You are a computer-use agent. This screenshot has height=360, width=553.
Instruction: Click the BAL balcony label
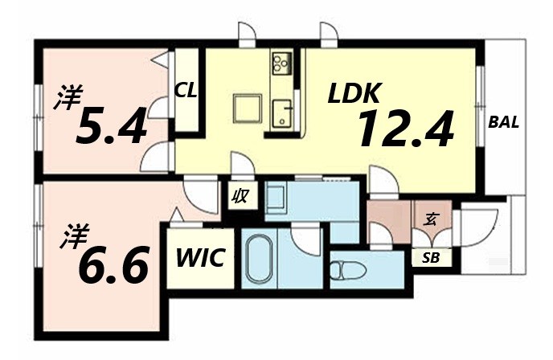(503, 123)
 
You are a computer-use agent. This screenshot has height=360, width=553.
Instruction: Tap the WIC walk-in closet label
(200, 260)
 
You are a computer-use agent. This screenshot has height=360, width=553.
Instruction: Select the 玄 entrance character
(431, 217)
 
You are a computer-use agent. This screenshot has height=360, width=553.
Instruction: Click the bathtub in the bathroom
(259, 259)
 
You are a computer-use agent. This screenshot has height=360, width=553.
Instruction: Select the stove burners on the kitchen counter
(281, 63)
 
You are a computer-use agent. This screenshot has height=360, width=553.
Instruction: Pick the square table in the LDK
(247, 108)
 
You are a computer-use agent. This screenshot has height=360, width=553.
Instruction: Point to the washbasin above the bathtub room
(277, 198)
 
